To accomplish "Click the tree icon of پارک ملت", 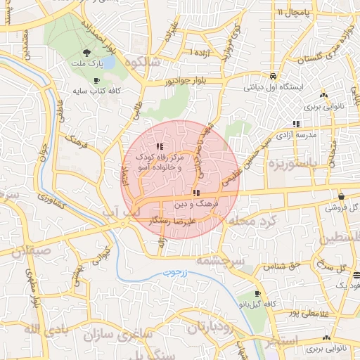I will click(x=86, y=53).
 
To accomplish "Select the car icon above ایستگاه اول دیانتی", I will click(x=272, y=77).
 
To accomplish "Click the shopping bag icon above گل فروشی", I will click(x=341, y=196).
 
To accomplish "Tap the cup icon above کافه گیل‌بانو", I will click(x=257, y=293).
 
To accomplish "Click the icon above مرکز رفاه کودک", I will click(x=158, y=146).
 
